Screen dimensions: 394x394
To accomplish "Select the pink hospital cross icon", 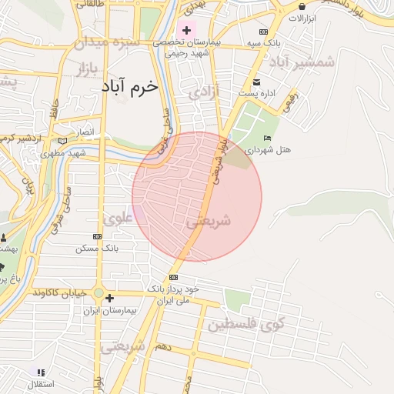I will coord(186,30).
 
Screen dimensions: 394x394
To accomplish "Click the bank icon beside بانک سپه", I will coord(263,32).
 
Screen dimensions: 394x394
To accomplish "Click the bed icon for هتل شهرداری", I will coord(267,137).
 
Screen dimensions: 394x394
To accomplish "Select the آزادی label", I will coord(204,93).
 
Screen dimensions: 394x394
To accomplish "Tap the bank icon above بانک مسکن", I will coord(96,237).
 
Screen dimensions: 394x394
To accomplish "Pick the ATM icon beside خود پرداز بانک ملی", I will coord(173,277).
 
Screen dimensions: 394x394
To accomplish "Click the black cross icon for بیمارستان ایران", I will coord(110,298).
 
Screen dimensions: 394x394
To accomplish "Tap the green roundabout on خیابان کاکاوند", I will coord(98,292).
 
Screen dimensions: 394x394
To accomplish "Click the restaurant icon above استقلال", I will coord(40,372).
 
